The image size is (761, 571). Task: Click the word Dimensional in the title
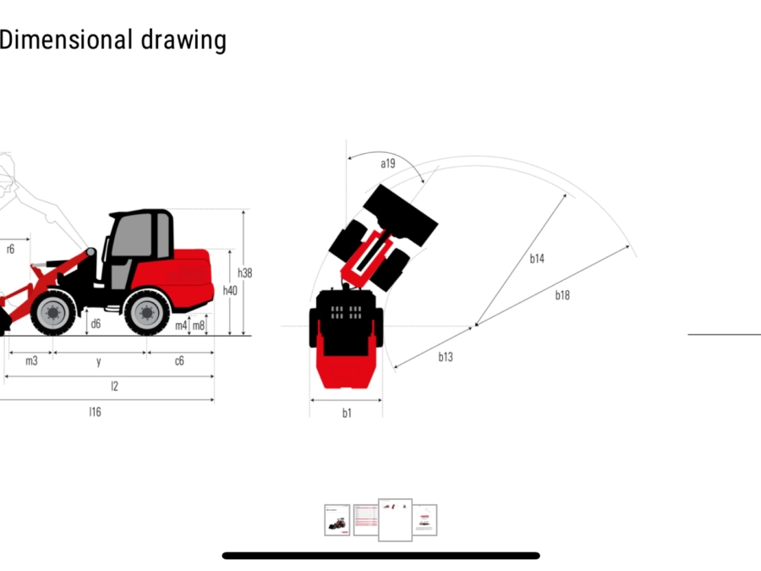click(66, 40)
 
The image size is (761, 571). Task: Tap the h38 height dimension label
click(244, 273)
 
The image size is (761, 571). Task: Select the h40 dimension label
click(230, 290)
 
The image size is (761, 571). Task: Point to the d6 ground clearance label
click(96, 324)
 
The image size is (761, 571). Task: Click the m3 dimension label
click(31, 360)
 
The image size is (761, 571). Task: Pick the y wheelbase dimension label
click(99, 362)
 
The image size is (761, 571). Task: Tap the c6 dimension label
click(179, 360)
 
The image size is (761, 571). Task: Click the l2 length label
click(114, 386)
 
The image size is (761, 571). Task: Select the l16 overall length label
click(95, 412)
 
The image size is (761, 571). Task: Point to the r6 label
click(11, 249)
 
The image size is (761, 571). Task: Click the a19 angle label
click(388, 163)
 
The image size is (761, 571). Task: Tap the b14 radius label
click(537, 259)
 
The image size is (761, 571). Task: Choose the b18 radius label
click(562, 295)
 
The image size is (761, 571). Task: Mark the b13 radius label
click(446, 357)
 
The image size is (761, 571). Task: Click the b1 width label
click(347, 413)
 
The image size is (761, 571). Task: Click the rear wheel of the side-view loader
click(147, 312)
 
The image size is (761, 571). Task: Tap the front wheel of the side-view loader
click(53, 312)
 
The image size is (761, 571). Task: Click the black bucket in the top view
click(401, 215)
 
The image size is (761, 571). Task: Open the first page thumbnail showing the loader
click(337, 520)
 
